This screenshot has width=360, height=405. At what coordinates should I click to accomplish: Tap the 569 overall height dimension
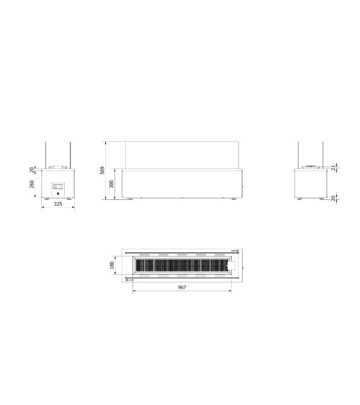104,170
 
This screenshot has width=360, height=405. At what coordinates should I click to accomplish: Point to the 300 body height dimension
112,184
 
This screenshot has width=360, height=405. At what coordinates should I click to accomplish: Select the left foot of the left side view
47,199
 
